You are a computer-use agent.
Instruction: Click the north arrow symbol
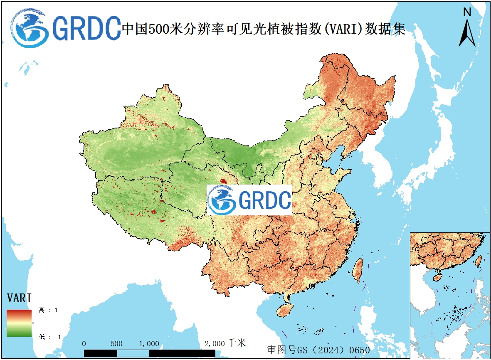click(467, 33)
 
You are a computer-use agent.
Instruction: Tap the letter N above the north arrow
click(467, 12)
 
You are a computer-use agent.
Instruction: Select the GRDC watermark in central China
click(249, 200)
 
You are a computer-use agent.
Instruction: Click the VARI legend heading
click(20, 298)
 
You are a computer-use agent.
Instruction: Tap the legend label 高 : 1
click(48, 310)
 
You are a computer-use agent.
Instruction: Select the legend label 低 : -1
click(49, 337)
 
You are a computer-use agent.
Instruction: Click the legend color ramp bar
click(19, 323)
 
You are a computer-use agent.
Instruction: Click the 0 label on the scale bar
click(84, 344)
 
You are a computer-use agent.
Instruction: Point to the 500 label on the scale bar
click(117, 344)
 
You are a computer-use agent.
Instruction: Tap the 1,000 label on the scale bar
click(149, 344)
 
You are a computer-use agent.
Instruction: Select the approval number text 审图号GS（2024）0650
click(318, 350)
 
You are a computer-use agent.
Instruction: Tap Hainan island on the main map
click(284, 310)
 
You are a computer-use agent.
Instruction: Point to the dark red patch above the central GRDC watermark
click(224, 182)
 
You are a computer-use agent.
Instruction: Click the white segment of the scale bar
click(133, 353)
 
